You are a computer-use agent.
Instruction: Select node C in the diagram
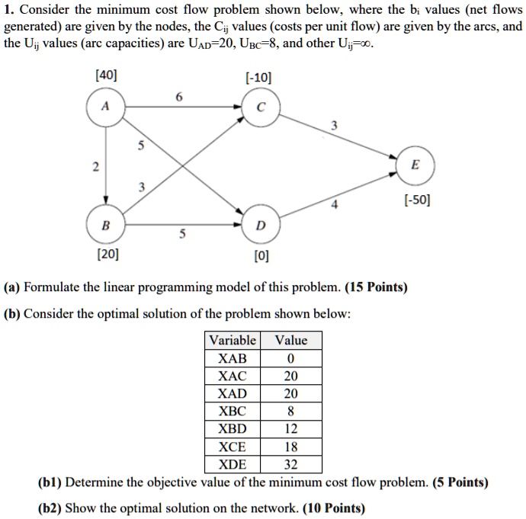click(x=261, y=107)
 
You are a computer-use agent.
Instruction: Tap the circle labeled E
click(x=414, y=165)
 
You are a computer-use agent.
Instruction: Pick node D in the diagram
click(x=261, y=226)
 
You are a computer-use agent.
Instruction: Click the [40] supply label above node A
click(x=106, y=77)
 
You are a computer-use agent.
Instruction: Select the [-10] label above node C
click(x=258, y=77)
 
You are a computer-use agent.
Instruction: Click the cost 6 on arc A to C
click(x=178, y=96)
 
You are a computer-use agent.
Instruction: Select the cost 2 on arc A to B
click(x=95, y=166)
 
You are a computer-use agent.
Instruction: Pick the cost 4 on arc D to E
click(x=333, y=203)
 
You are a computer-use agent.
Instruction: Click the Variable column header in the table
click(x=233, y=340)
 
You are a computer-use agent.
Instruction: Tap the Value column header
click(x=291, y=340)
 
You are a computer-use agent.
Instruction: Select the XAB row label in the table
click(x=233, y=358)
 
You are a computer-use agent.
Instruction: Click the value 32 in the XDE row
click(x=290, y=464)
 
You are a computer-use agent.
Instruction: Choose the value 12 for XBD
click(x=290, y=429)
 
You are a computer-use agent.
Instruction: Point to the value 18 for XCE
click(x=290, y=447)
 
